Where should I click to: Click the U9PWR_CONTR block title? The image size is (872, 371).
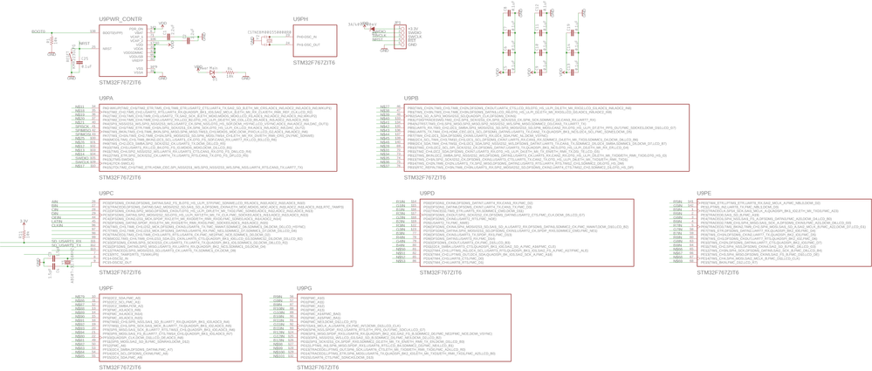[120, 18]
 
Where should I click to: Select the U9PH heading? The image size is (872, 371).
[300, 18]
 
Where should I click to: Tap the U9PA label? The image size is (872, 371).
[106, 98]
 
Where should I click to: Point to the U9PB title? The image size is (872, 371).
[411, 98]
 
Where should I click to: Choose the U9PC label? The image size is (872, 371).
[106, 193]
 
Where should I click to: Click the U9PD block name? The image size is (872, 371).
[427, 193]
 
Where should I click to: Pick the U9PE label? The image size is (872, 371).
[704, 193]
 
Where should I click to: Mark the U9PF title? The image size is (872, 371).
[106, 287]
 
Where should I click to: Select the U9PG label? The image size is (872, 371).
[305, 287]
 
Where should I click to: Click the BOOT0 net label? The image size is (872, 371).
[38, 31]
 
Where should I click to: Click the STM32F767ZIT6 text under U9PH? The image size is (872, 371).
[313, 63]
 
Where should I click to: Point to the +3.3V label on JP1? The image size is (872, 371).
[413, 29]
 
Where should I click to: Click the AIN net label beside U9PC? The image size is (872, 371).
[55, 202]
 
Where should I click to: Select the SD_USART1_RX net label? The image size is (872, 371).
[65, 241]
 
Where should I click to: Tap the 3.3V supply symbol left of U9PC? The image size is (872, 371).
[24, 223]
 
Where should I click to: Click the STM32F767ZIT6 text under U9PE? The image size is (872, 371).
[718, 272]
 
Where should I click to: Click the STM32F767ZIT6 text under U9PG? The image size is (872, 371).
[318, 368]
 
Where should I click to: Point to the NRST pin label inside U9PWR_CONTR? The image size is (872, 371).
[107, 48]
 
